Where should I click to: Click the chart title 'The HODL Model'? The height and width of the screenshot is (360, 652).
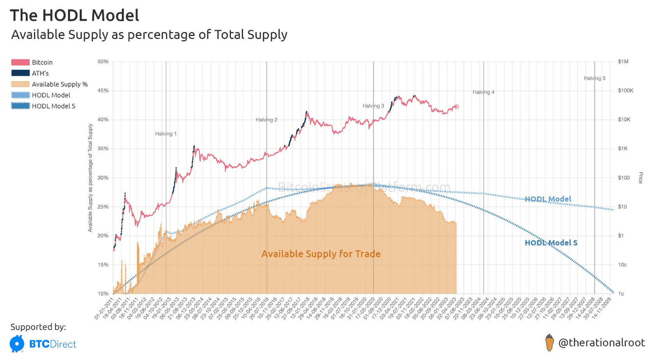point(74,16)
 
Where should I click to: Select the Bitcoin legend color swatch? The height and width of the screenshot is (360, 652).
point(20,62)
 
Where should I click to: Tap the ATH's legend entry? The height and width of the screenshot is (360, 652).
point(40,73)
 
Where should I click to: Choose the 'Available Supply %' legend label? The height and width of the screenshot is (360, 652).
point(60,84)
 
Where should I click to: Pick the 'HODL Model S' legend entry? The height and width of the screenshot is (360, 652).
point(54,106)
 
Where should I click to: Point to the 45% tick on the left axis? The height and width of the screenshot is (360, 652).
point(103,91)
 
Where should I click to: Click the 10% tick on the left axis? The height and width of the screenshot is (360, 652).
point(103,294)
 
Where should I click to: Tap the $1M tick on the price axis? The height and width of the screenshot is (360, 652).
point(623,62)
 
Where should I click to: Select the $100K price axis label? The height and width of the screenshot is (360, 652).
point(625,91)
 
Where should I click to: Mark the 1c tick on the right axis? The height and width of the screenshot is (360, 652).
point(621,294)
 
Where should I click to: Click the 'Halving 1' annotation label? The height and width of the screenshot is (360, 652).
point(166,134)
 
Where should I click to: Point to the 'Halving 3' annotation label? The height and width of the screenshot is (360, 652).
point(373,106)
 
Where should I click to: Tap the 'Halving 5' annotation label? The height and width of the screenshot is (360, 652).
point(595,78)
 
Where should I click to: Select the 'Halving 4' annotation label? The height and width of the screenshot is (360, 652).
point(483,92)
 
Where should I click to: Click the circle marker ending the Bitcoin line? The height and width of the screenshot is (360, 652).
point(456,107)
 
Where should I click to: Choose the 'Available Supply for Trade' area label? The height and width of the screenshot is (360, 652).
point(321,254)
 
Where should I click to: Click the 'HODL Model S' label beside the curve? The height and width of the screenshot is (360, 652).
point(551,243)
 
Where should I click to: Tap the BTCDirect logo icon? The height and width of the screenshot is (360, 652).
point(17,344)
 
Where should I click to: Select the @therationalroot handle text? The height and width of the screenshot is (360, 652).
point(602,343)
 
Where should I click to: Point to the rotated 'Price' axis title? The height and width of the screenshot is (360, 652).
point(640,178)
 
